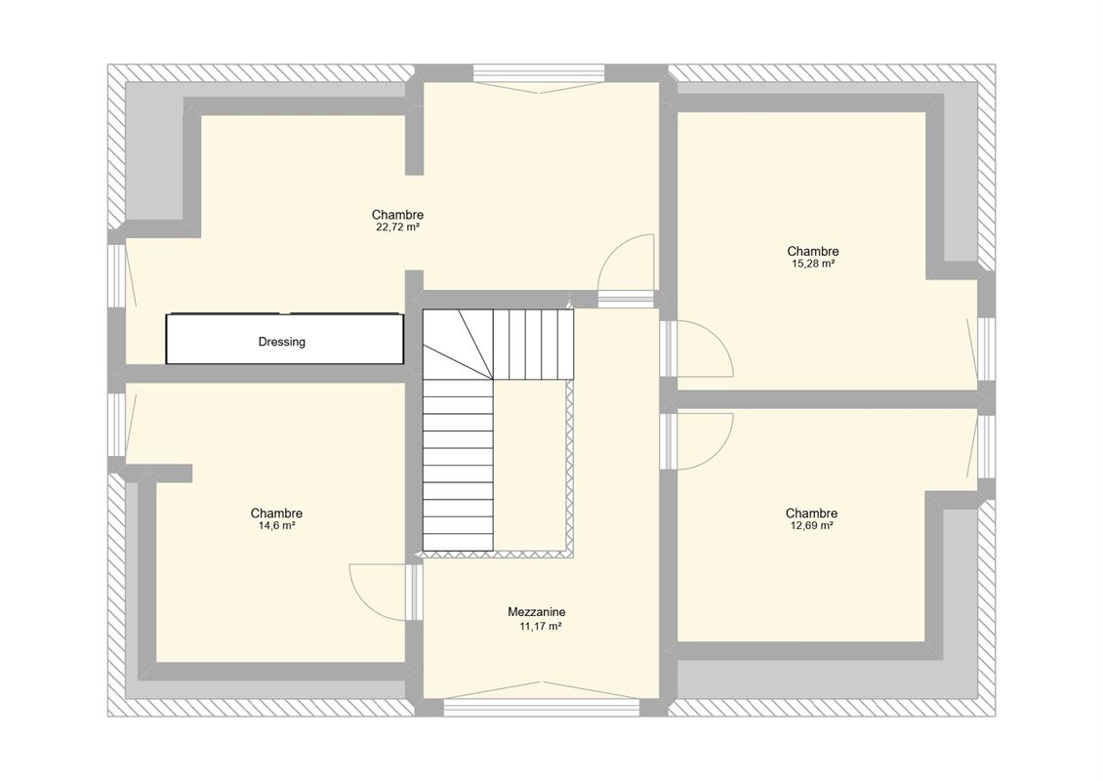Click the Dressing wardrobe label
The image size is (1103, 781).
coord(281,342)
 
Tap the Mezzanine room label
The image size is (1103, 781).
coord(536,612)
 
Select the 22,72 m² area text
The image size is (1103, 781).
coord(397,227)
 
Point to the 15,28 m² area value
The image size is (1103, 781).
coord(812,264)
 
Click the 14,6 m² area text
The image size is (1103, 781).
coord(276,525)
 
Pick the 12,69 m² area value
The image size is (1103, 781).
coord(811,525)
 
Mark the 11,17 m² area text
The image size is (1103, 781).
coord(540,626)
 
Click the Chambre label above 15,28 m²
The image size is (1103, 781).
coord(812,251)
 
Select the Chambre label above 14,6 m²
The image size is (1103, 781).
coord(276,514)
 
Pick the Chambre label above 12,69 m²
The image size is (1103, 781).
coord(811,514)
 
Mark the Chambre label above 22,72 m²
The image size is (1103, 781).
coord(397,215)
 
